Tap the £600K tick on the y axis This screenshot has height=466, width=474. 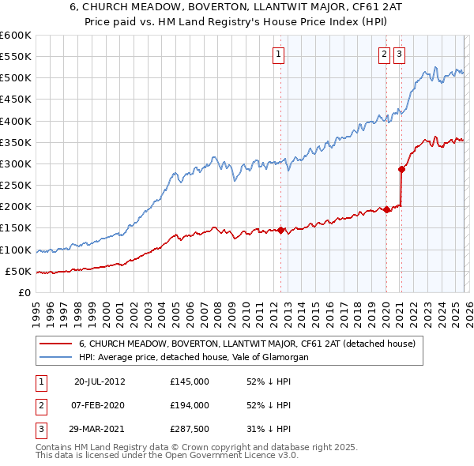pyautogui.click(x=16, y=36)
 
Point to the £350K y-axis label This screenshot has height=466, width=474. pyautogui.click(x=16, y=143)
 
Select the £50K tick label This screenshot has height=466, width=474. pyautogui.click(x=18, y=272)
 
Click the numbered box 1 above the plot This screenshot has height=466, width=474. pyautogui.click(x=280, y=54)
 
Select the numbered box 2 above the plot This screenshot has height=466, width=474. pyautogui.click(x=384, y=54)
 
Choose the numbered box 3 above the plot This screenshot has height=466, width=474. pyautogui.click(x=400, y=54)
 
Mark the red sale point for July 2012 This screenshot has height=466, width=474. pyautogui.click(x=280, y=231)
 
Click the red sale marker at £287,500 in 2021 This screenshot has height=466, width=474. pyautogui.click(x=402, y=169)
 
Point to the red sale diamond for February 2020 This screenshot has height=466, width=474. pyautogui.click(x=386, y=209)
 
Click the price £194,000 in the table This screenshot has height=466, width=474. pyautogui.click(x=190, y=405)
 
